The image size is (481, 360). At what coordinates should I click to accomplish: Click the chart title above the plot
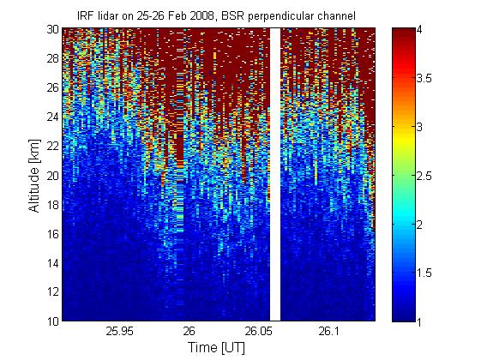pos(216,15)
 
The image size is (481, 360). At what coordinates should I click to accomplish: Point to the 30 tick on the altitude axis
pos(53,29)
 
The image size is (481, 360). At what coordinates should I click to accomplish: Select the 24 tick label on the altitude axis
pos(53,117)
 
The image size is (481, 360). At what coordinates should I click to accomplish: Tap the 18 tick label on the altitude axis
pos(53,205)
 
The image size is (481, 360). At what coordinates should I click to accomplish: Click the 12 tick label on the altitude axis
pos(53,292)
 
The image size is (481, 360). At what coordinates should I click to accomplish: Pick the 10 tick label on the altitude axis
pos(53,321)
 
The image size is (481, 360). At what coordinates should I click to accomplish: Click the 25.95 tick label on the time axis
pos(119,331)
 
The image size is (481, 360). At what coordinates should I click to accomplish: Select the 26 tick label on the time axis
pos(189,331)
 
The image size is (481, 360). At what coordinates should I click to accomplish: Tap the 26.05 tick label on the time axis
pos(258,331)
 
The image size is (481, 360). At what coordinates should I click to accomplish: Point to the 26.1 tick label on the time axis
pos(328,331)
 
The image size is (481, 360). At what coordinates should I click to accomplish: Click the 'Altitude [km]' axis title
pos(34,176)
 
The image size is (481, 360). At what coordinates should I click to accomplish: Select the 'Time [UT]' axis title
pos(216,348)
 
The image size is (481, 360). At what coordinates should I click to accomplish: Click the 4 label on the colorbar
pos(419,30)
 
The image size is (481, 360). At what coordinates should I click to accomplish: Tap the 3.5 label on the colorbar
pos(424,79)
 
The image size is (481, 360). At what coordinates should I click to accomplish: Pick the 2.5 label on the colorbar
pos(424,176)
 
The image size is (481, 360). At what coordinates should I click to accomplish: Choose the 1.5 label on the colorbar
pos(424,273)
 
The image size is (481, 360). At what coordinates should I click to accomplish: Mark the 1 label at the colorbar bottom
pos(418,321)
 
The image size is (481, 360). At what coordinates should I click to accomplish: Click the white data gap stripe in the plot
pos(275,175)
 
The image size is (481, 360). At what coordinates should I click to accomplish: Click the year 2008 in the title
pos(201,15)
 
